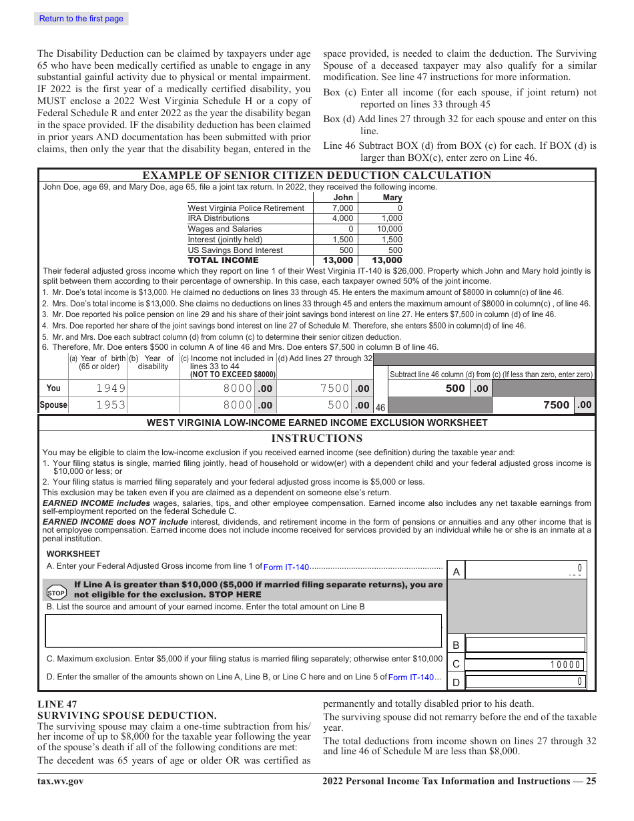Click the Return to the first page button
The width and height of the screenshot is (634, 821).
pos(81,19)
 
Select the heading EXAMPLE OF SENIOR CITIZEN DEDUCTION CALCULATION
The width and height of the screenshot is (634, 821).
pos(316,176)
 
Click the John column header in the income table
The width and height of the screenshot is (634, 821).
pos(342,198)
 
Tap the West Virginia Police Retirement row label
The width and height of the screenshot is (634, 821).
pos(246,208)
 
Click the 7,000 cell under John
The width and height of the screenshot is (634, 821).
pos(342,208)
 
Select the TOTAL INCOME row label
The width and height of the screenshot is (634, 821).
pos(223,260)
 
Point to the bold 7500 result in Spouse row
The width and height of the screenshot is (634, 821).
pos(556,405)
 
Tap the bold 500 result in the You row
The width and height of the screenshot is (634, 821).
pos(455,388)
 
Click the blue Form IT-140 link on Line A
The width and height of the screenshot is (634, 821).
pos(286,567)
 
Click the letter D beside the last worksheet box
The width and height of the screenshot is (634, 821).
pos(456,682)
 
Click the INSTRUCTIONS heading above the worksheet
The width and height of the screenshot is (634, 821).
pos(316,439)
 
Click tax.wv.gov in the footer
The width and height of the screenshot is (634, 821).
pos(60,782)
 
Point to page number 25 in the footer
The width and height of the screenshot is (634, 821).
pos(591,782)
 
